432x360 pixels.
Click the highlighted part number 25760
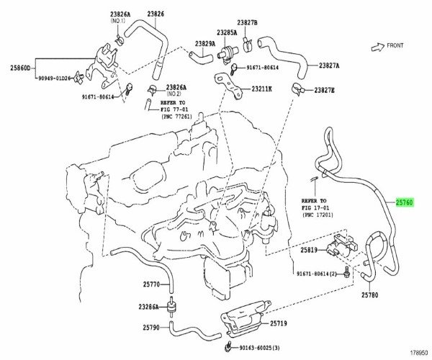pyautogui.click(x=404, y=204)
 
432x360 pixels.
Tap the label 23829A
pyautogui.click(x=203, y=43)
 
